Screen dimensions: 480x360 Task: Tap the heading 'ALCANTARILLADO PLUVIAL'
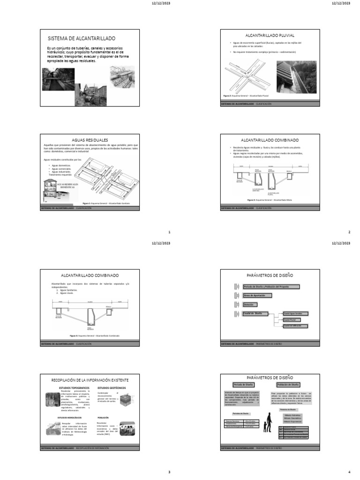point(270,35)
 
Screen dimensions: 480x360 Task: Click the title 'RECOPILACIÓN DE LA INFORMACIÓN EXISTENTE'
point(90,379)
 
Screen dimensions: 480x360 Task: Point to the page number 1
point(169,232)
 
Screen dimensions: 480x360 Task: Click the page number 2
point(349,232)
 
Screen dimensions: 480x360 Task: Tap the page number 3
point(169,472)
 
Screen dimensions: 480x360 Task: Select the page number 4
point(349,472)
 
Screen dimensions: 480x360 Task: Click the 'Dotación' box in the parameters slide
point(250,304)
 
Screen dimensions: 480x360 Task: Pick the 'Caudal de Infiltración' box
point(295,325)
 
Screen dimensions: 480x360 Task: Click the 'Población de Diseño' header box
point(290,384)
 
